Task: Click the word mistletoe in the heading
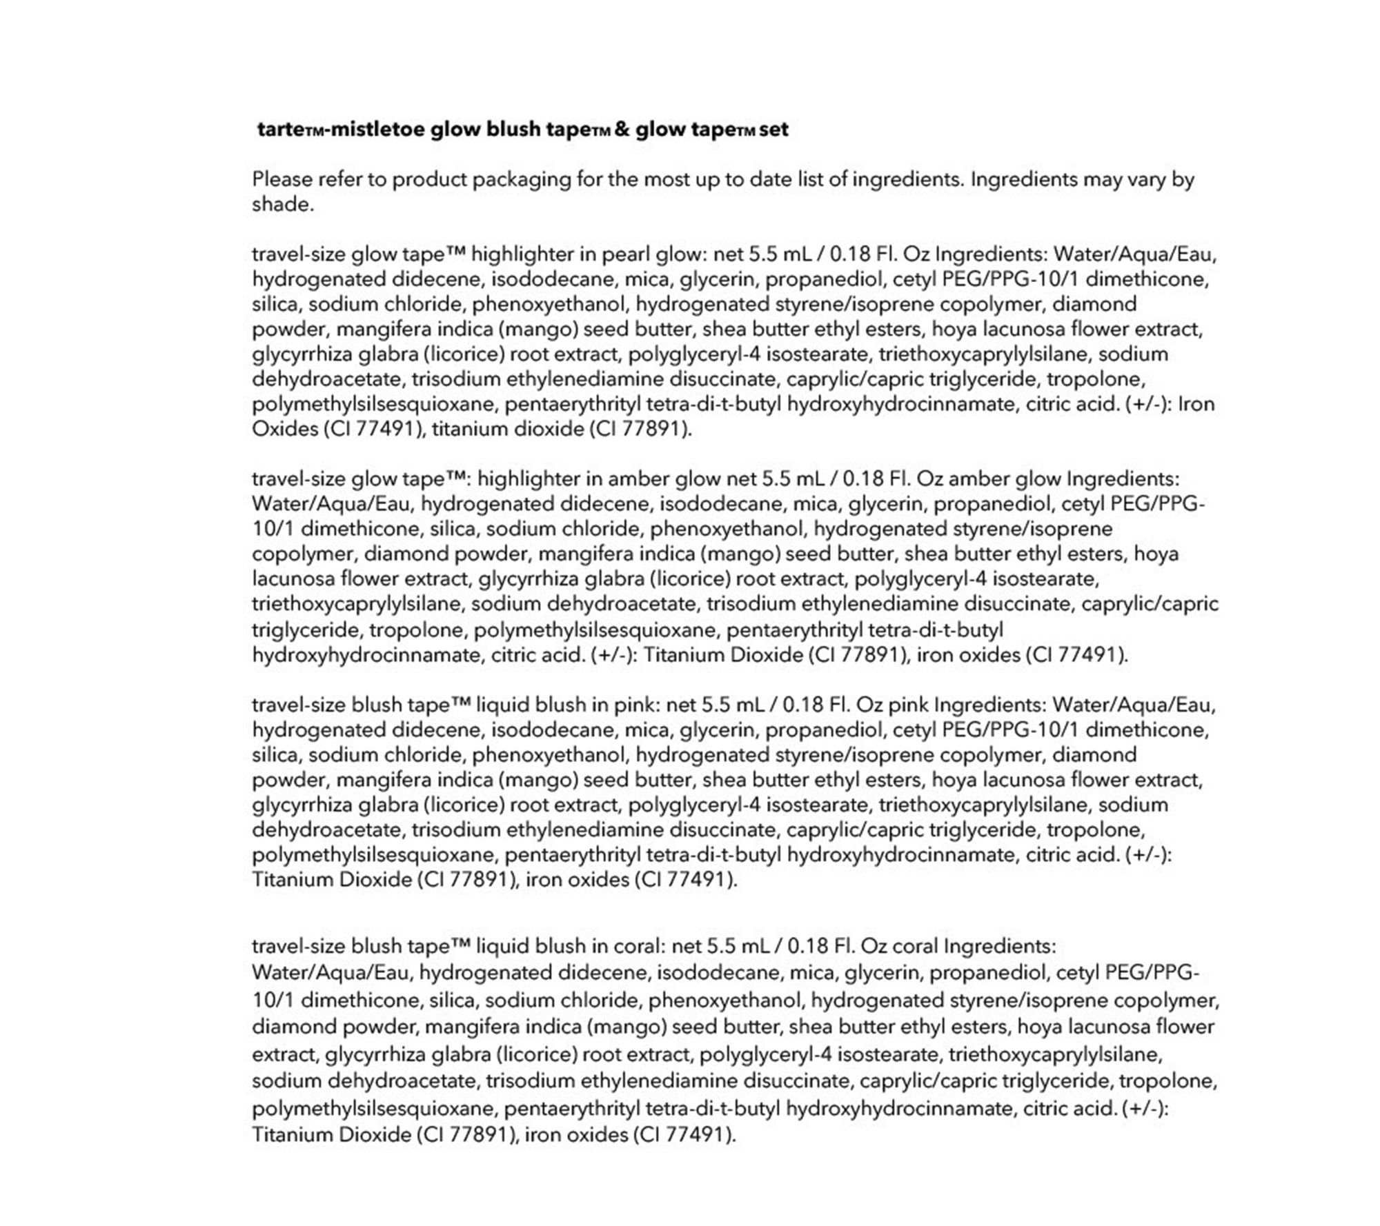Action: (x=376, y=130)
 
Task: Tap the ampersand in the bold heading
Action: (x=621, y=130)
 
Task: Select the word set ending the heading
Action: (x=773, y=130)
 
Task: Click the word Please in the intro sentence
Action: (x=282, y=179)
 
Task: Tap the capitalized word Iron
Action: (x=1196, y=403)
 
